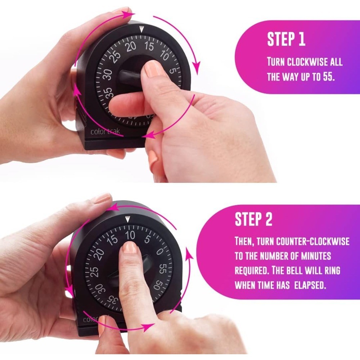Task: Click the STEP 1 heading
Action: (x=286, y=40)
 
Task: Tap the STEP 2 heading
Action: (x=253, y=219)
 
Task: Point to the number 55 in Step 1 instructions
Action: (x=327, y=77)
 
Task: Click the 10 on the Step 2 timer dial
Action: (x=130, y=235)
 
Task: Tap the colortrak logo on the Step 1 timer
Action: (x=105, y=132)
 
